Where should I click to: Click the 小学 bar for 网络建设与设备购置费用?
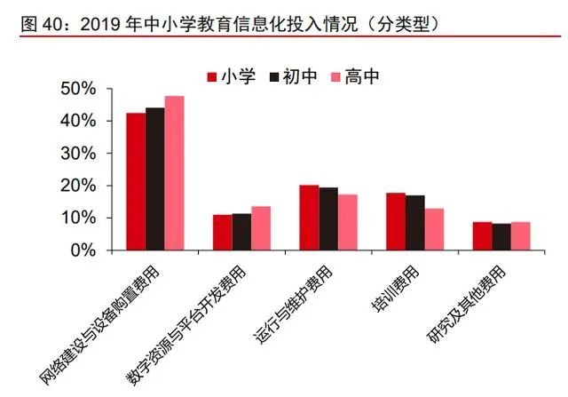136,182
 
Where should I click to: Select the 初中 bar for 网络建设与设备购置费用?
155,179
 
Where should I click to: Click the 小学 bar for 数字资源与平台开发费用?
223,233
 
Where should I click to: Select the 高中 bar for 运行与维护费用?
347,222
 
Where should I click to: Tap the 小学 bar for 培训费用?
396,221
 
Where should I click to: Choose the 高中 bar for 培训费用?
434,229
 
